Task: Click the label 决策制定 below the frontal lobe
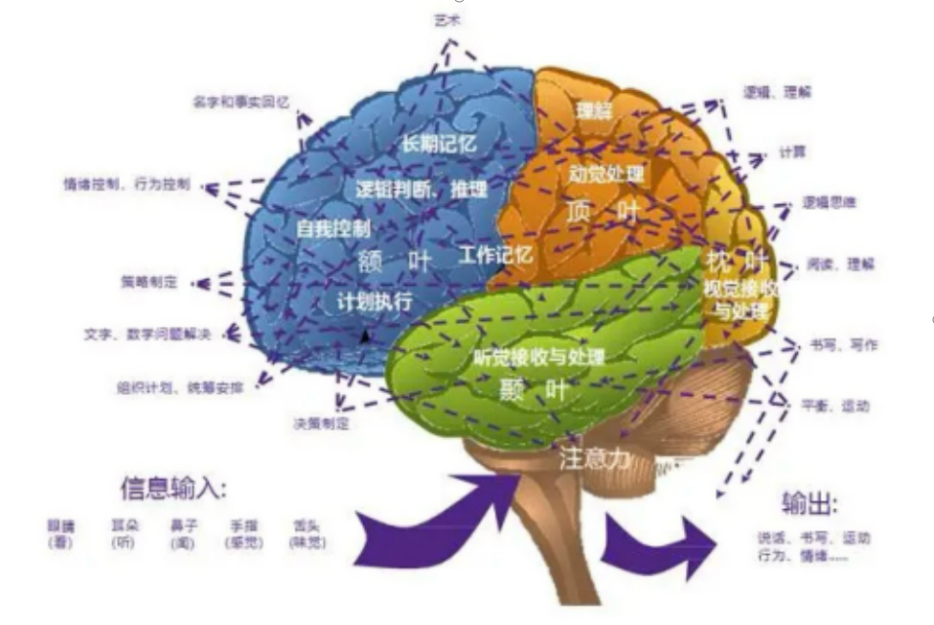click(x=321, y=423)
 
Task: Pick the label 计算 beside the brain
click(x=791, y=152)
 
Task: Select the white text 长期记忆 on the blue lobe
click(x=438, y=145)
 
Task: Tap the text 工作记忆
click(x=496, y=255)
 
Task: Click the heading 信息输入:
click(x=173, y=489)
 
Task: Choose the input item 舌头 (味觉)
click(x=307, y=534)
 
